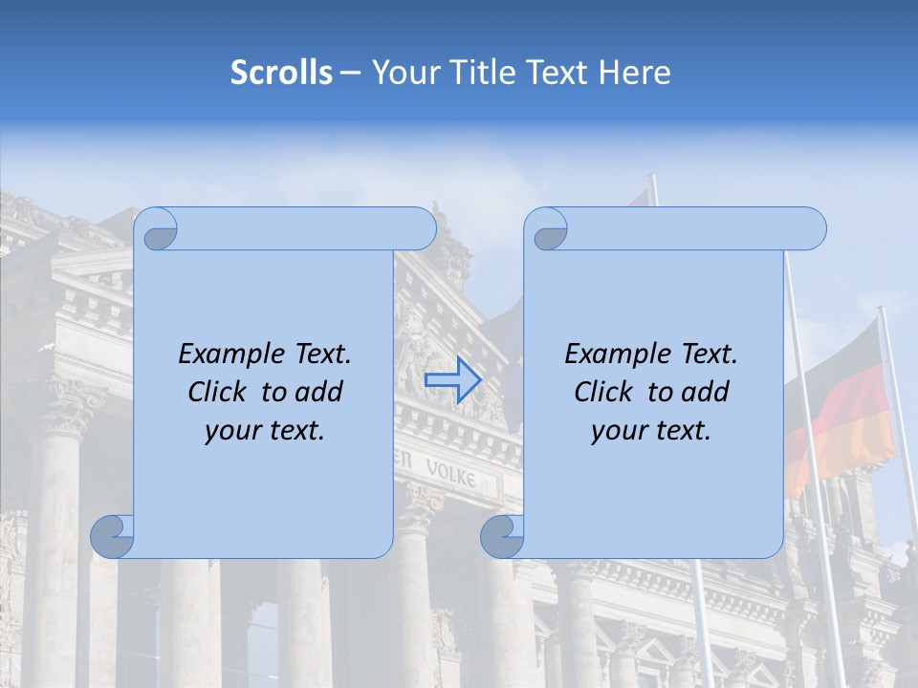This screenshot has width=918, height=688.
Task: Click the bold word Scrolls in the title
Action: pos(281,73)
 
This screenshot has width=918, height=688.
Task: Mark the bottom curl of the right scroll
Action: pos(503,535)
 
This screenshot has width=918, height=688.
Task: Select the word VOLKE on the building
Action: pos(449,472)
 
